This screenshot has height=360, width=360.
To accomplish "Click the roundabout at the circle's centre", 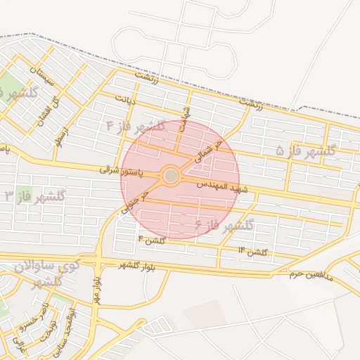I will (171, 176).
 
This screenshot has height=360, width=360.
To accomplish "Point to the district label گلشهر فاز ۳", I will (35, 195).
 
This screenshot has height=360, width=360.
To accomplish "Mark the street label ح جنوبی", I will (134, 200).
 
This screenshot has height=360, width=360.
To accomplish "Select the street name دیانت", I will (125, 96).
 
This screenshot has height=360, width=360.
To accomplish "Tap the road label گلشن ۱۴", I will (253, 252).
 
